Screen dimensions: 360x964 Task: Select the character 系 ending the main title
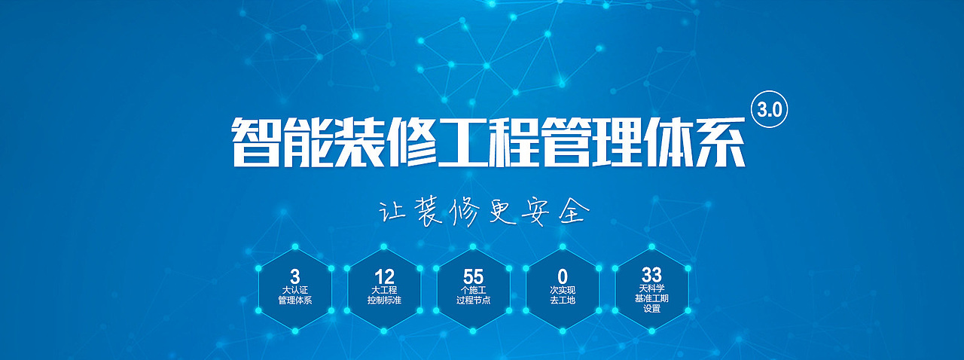[x=719, y=142]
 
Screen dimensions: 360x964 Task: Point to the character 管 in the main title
[x=566, y=142]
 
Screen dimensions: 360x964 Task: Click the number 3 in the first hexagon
[x=294, y=276]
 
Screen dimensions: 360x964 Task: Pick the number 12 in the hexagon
[x=384, y=276]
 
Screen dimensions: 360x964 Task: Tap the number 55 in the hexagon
[x=474, y=276]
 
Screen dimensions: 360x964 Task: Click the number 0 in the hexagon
[x=563, y=276]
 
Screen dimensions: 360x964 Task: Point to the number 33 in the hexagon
[x=651, y=275]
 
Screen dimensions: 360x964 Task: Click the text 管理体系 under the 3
[x=294, y=301]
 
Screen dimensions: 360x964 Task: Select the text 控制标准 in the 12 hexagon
[x=384, y=301]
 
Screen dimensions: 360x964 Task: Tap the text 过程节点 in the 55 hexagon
[x=474, y=301]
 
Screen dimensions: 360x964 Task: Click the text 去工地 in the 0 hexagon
[x=563, y=301]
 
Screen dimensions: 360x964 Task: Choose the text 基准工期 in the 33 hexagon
[x=651, y=298]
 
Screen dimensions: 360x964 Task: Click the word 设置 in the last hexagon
[x=651, y=309]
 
